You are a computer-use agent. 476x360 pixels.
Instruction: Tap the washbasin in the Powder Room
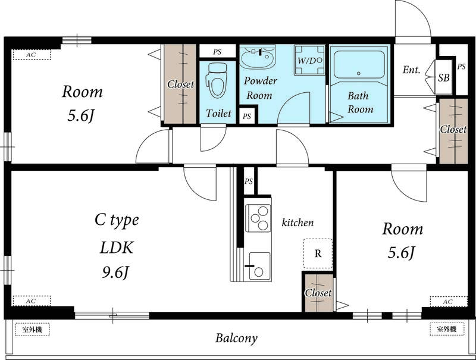coord(258,57)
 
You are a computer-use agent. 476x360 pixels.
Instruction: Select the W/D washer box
coord(309,60)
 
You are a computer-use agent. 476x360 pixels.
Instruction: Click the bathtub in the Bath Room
coord(359,65)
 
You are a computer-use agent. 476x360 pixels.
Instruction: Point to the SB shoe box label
coord(443,78)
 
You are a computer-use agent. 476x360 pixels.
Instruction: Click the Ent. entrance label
coord(411,70)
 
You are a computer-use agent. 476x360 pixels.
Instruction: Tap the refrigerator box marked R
coord(318,253)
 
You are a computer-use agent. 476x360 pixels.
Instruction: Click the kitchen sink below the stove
coord(259,266)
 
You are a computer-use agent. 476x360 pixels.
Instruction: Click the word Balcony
coord(236,338)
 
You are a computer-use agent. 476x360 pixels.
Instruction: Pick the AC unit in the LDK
coord(32,301)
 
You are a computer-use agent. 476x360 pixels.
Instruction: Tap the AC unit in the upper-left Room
coord(32,55)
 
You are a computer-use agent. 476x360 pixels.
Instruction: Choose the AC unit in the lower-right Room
coord(449,302)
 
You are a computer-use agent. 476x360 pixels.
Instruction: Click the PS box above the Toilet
coord(217,52)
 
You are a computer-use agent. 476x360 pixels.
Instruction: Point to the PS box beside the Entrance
coord(461,70)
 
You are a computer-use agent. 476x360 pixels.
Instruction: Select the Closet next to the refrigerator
coord(318,293)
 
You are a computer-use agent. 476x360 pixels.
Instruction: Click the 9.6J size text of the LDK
coord(115,273)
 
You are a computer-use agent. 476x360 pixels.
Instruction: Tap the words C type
coord(117,220)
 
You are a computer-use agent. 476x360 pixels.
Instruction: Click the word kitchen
coord(297,223)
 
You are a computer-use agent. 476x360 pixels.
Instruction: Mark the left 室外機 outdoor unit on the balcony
coord(32,329)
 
